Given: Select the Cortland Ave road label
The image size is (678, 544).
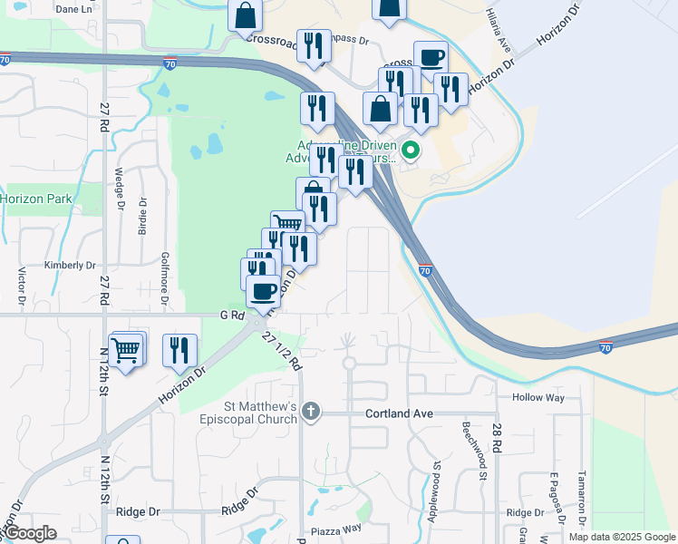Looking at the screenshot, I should [x=399, y=413].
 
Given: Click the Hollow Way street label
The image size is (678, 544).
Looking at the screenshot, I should [x=538, y=397].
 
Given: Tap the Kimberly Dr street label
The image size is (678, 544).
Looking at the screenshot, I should [x=70, y=266].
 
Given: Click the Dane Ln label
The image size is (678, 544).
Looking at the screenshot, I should [x=74, y=9].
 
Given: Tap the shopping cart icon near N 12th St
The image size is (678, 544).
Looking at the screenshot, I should [x=126, y=348].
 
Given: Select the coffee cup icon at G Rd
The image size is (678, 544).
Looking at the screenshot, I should [x=264, y=292].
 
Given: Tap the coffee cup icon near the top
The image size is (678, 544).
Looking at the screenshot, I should [x=431, y=57].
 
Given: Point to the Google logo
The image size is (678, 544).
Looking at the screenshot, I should [x=30, y=533].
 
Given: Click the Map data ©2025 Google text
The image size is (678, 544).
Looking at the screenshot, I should [x=622, y=537].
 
